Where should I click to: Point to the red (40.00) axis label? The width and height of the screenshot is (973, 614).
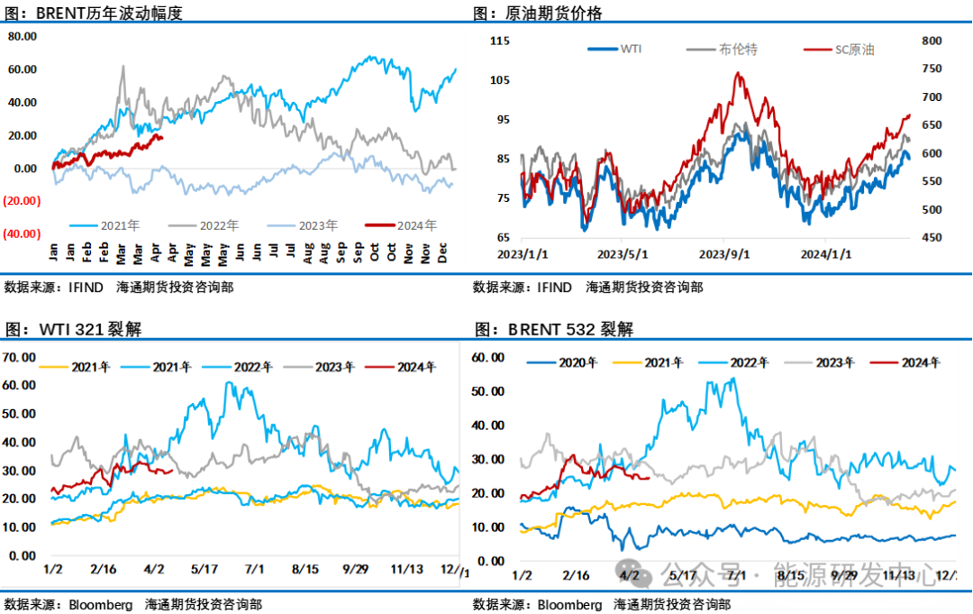click(x=21, y=234)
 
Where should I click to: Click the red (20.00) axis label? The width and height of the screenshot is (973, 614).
click(x=21, y=201)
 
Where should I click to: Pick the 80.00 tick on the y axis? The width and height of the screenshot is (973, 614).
click(x=22, y=36)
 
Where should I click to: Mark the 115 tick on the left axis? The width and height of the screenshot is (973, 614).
click(x=501, y=41)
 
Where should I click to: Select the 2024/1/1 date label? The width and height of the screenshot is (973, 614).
click(x=827, y=254)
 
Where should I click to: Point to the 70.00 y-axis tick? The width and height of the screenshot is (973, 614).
click(x=20, y=357)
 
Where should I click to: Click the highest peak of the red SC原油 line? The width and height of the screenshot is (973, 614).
click(x=739, y=74)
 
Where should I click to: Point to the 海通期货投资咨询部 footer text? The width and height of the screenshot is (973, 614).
click(x=671, y=604)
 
